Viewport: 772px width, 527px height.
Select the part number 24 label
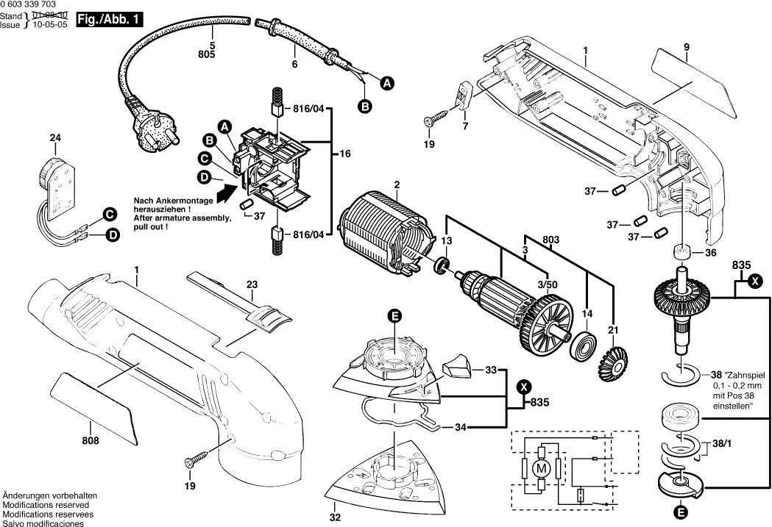coord(56,137)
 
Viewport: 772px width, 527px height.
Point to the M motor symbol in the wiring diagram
coord(541,467)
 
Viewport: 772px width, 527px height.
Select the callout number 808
coord(91,440)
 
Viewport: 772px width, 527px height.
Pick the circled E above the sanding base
coord(395,316)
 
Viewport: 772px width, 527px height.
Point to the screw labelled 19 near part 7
coord(436,118)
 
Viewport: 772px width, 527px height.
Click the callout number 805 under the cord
coord(206,55)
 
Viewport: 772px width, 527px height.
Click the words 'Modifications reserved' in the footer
coord(46,506)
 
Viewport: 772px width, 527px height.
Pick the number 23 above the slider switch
coord(252,284)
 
